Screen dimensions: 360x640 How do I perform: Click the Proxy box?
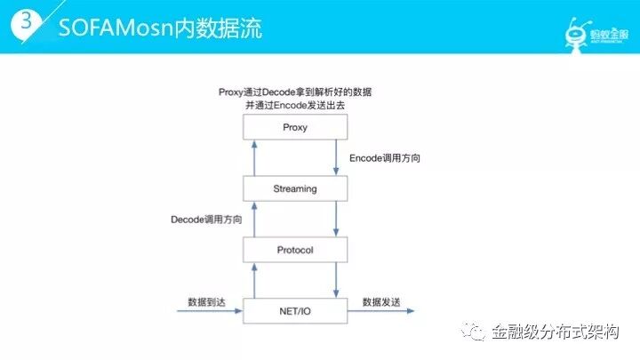(294, 127)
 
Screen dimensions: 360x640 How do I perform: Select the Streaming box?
(294, 188)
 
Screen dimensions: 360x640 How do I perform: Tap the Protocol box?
(294, 250)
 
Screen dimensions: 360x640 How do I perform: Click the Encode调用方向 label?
(385, 157)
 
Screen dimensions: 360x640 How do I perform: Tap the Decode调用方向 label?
(206, 219)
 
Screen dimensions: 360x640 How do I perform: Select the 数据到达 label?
(206, 302)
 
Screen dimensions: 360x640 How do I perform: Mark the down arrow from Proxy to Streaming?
(336, 157)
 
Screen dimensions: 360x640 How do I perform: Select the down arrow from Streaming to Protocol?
(336, 219)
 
